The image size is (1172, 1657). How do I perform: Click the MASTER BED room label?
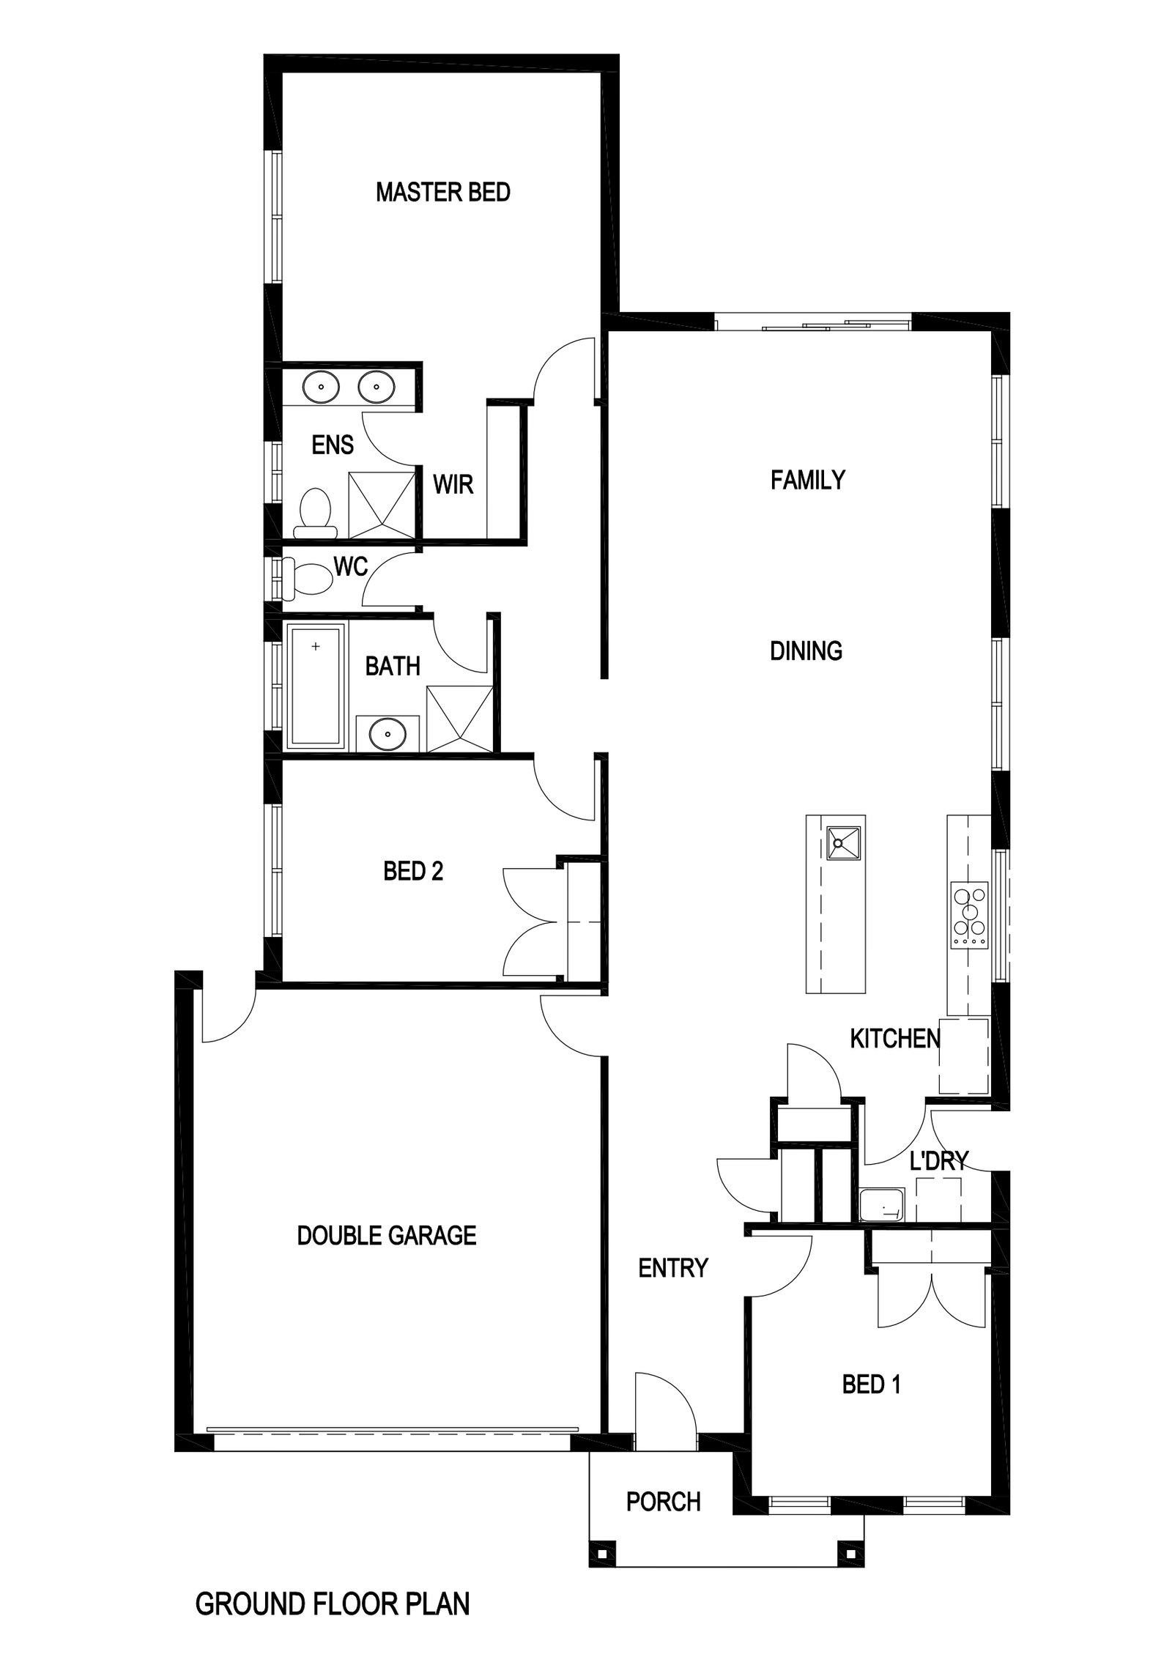click(442, 193)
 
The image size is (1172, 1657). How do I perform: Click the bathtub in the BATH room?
click(316, 686)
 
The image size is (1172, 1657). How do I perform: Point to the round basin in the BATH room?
click(387, 733)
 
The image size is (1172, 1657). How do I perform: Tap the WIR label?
click(453, 484)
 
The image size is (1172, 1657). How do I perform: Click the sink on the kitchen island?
click(844, 842)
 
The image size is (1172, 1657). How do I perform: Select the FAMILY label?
click(807, 481)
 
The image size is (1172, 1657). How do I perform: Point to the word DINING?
click(806, 650)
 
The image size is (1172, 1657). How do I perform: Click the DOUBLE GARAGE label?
click(386, 1235)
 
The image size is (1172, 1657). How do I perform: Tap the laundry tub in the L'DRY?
click(882, 1205)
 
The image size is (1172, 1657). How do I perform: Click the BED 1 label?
click(871, 1384)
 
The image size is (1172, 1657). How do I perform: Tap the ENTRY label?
click(672, 1267)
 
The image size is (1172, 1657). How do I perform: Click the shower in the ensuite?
click(381, 505)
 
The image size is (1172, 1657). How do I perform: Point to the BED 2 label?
click(413, 871)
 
